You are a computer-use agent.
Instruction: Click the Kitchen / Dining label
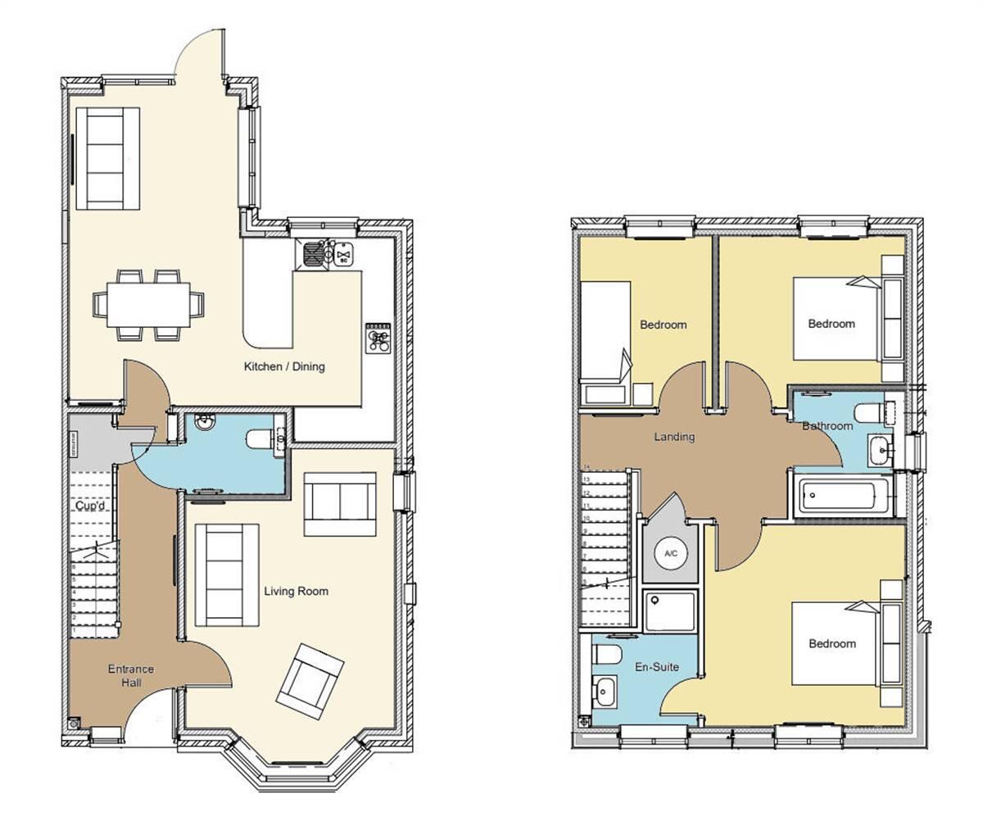pyautogui.click(x=284, y=366)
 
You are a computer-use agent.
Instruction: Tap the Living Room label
pyautogui.click(x=296, y=591)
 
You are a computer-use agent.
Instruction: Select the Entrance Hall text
pyautogui.click(x=131, y=676)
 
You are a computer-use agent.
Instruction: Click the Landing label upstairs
pyautogui.click(x=674, y=437)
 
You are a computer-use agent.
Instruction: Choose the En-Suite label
pyautogui.click(x=657, y=667)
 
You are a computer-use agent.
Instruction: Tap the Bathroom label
pyautogui.click(x=827, y=426)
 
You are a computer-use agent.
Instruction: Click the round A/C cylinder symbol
pyautogui.click(x=671, y=554)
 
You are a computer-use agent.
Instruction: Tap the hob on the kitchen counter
pyautogui.click(x=378, y=337)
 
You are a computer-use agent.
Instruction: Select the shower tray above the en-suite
pyautogui.click(x=670, y=611)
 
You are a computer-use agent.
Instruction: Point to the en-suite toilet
pyautogui.click(x=607, y=654)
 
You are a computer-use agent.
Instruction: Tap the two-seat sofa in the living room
pyautogui.click(x=340, y=503)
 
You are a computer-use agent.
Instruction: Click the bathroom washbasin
pyautogui.click(x=881, y=448)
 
